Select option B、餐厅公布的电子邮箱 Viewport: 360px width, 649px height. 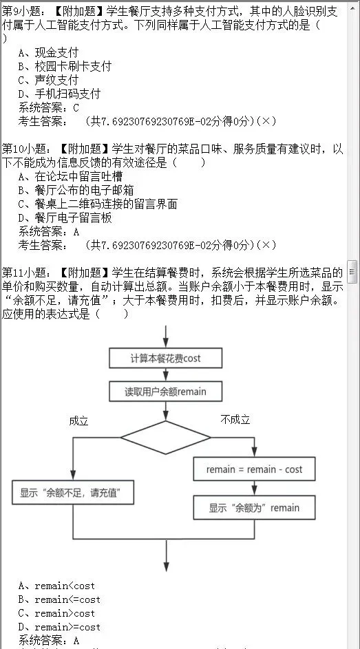click(x=76, y=190)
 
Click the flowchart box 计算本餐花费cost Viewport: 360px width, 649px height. click(x=166, y=358)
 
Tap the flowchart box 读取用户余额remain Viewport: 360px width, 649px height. click(x=165, y=392)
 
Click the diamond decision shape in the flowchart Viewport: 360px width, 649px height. click(x=165, y=438)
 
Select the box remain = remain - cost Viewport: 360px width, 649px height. click(x=254, y=469)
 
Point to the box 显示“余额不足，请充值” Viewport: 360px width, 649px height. click(x=72, y=492)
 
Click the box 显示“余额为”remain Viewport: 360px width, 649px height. click(x=254, y=508)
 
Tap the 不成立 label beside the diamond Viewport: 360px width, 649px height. click(x=235, y=419)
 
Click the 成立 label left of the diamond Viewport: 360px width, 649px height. click(x=79, y=421)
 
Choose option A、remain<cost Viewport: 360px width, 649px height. click(x=56, y=586)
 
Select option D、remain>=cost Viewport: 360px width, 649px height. click(x=59, y=627)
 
